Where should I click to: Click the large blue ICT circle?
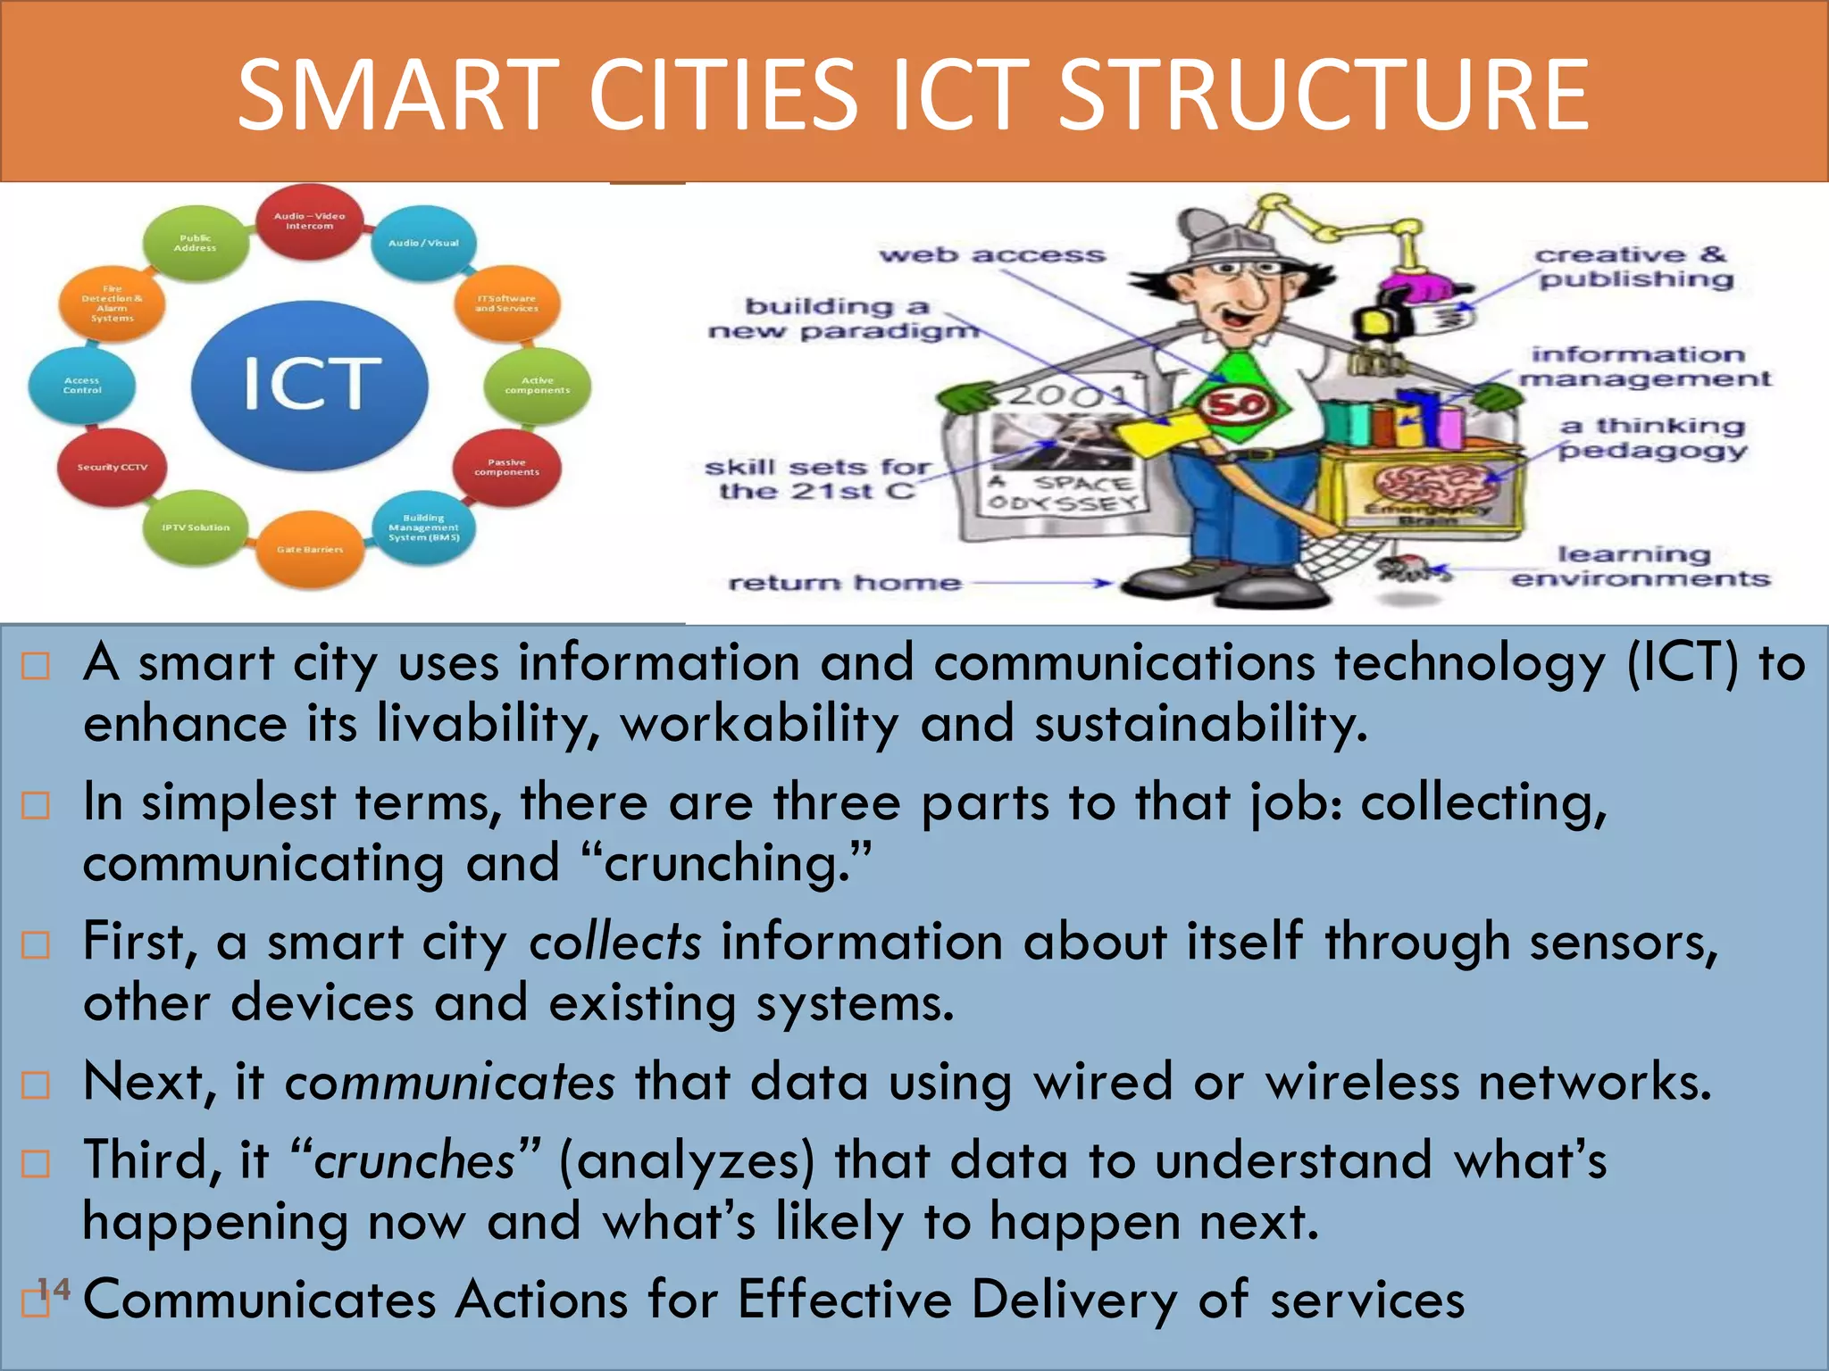(309, 384)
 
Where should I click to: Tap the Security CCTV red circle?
(113, 467)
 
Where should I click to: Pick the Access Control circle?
(82, 386)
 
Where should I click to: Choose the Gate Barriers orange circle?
(309, 549)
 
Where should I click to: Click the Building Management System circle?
(423, 528)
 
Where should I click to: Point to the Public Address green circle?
(195, 243)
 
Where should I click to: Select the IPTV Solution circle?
(196, 528)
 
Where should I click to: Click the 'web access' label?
(991, 255)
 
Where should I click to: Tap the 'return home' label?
(845, 583)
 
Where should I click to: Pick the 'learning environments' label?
(1639, 567)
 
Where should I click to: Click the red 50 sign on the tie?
(1236, 404)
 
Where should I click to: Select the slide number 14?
(54, 1289)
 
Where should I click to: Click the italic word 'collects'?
(614, 943)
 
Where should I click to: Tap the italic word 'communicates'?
(449, 1083)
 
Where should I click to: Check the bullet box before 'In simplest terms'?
(36, 805)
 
